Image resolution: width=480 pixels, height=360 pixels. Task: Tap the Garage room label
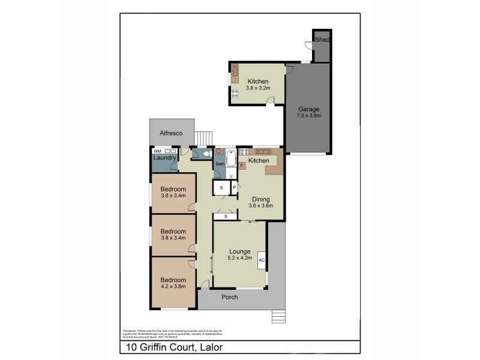[x=310, y=109]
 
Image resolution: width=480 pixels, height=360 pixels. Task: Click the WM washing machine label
[x=157, y=151]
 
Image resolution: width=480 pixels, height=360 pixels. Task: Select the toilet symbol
[x=207, y=154]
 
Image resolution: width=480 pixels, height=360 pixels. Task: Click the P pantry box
[x=235, y=188]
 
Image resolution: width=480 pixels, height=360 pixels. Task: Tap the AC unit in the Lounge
[x=262, y=260]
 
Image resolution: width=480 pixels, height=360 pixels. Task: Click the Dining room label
[x=260, y=199]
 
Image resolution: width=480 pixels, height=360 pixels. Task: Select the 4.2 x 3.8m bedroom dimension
[x=173, y=287]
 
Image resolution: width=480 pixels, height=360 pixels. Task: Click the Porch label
[x=230, y=297]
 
